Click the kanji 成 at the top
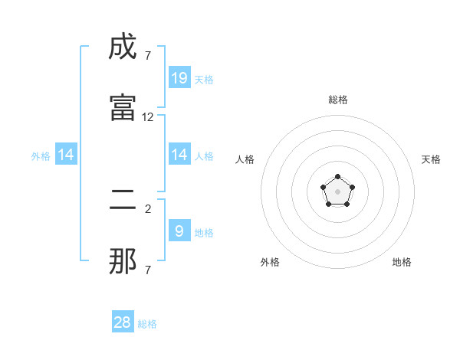click(123, 47)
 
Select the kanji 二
click(123, 201)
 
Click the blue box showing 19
click(179, 77)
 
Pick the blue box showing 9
click(179, 231)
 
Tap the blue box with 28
click(123, 322)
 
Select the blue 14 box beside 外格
click(66, 155)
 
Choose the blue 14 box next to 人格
click(179, 155)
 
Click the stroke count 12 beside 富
click(148, 117)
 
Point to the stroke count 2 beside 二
click(148, 208)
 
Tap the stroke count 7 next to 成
click(148, 55)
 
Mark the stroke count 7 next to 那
click(148, 270)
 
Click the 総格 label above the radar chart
click(338, 100)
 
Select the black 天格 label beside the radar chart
click(431, 159)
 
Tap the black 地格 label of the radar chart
click(402, 262)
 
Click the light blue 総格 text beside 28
click(147, 324)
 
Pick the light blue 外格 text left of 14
click(41, 156)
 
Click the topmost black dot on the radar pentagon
click(337, 177)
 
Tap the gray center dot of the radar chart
click(337, 191)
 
